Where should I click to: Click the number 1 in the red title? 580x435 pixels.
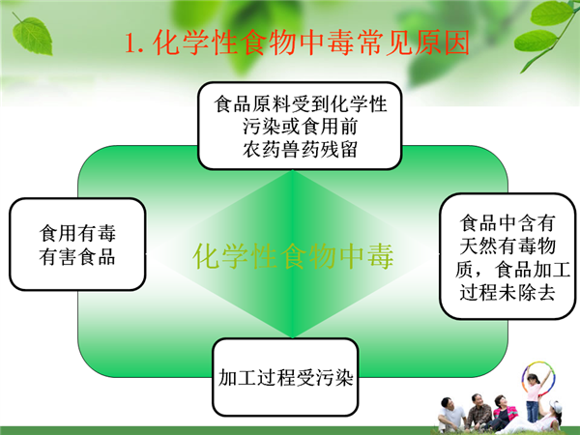pyautogui.click(x=130, y=43)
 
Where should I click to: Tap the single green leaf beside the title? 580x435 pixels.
pyautogui.click(x=32, y=35)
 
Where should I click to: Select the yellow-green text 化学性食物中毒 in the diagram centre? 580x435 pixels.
pyautogui.click(x=293, y=255)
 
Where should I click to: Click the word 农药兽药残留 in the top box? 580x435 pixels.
pyautogui.click(x=300, y=150)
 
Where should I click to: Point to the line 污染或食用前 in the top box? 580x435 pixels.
pyautogui.click(x=300, y=127)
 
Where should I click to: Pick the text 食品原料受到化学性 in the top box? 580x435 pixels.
pyautogui.click(x=300, y=103)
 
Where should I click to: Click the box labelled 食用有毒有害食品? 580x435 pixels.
pyautogui.click(x=77, y=245)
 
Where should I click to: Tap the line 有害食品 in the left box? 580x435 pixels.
pyautogui.click(x=77, y=256)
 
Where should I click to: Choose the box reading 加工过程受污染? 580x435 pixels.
pyautogui.click(x=285, y=377)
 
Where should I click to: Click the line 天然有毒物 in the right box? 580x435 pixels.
pyautogui.click(x=507, y=246)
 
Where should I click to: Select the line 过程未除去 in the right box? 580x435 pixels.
pyautogui.click(x=507, y=292)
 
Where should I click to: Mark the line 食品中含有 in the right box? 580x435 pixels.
pyautogui.click(x=507, y=222)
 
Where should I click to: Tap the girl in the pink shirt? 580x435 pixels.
pyautogui.click(x=534, y=396)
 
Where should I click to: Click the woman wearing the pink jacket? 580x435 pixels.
pyautogui.click(x=503, y=414)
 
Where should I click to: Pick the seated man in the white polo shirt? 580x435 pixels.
pyautogui.click(x=451, y=415)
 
